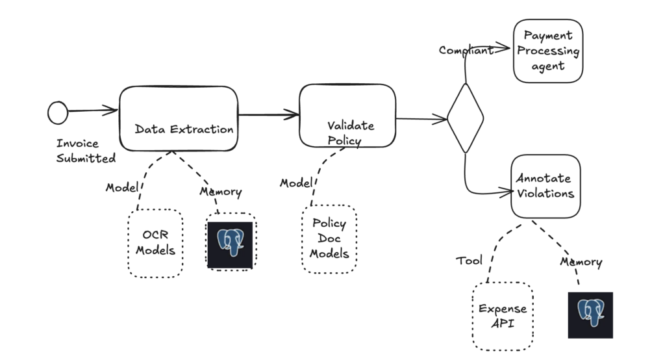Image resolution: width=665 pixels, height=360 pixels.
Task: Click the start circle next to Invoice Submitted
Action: click(x=58, y=112)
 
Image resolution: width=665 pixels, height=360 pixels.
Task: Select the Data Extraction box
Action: click(x=179, y=118)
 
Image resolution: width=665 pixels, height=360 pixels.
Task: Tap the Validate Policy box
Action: click(x=347, y=116)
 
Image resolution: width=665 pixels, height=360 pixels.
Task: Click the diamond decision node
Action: click(x=465, y=118)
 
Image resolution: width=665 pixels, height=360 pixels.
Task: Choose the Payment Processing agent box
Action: click(x=548, y=51)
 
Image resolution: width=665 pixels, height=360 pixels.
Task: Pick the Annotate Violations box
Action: click(x=545, y=186)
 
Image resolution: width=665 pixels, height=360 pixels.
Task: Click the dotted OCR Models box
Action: click(x=155, y=242)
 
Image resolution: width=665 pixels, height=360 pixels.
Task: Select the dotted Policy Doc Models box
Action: click(x=329, y=238)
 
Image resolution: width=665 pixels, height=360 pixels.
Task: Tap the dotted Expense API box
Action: click(x=503, y=316)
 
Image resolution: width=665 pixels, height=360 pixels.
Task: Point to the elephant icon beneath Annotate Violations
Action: click(x=590, y=315)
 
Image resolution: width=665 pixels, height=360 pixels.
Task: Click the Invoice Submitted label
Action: click(x=85, y=151)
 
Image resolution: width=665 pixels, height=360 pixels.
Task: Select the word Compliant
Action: click(x=466, y=50)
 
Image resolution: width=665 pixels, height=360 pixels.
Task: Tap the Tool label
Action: click(x=469, y=261)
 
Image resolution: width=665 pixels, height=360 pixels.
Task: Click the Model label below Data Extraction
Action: click(x=122, y=188)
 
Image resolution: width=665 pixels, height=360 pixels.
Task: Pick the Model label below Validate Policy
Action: click(x=296, y=183)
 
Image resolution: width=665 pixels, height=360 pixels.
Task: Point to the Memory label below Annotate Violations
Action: click(x=581, y=263)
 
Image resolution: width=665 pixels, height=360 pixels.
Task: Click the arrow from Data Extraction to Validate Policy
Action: click(x=268, y=116)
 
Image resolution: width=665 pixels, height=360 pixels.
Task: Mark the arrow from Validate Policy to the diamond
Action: click(x=421, y=119)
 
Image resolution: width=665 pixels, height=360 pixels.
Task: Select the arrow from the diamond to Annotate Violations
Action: click(x=481, y=191)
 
